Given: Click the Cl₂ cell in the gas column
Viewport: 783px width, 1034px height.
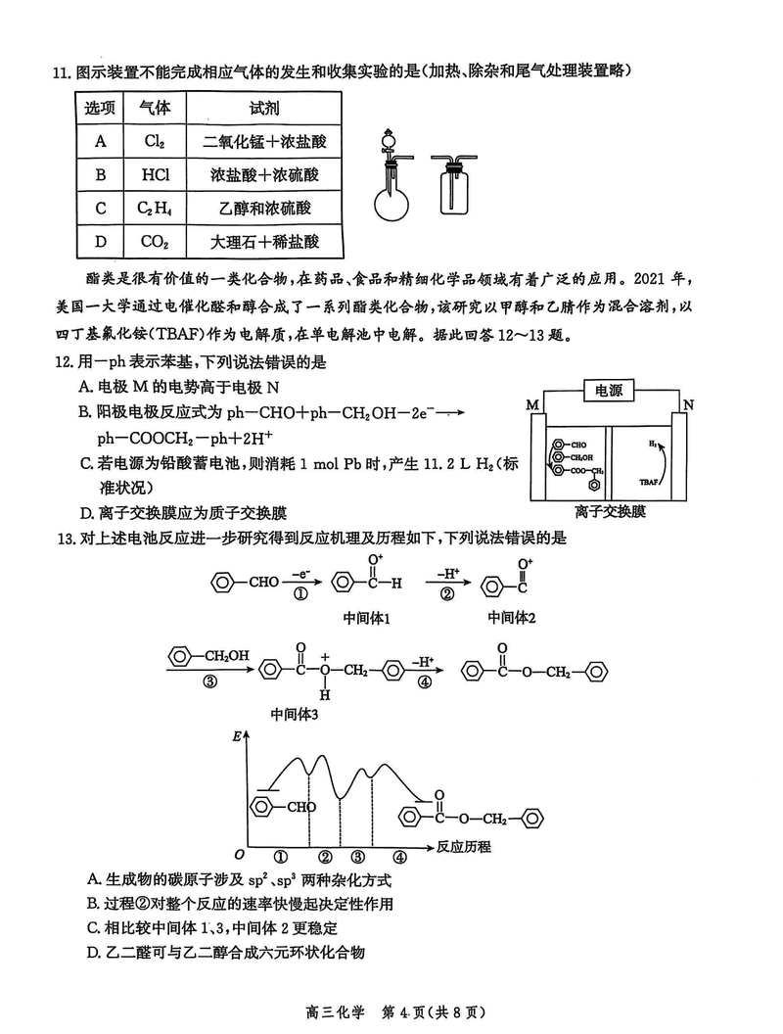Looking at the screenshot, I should click(155, 142).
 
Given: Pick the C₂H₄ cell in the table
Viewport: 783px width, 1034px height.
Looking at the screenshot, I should click(155, 208).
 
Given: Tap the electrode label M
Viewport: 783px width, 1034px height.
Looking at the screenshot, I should click(532, 404).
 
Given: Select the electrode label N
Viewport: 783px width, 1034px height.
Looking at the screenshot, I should click(688, 404).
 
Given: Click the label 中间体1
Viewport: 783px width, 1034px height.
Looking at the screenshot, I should click(367, 618).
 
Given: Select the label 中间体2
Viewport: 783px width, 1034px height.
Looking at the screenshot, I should click(513, 618).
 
